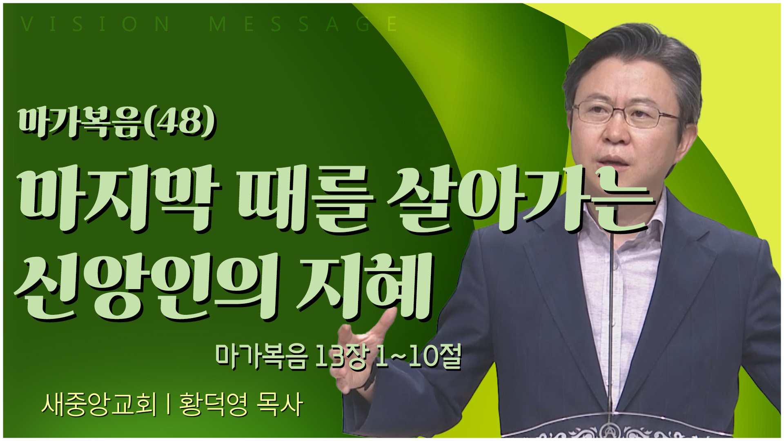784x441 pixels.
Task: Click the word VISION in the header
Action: [x=95, y=24]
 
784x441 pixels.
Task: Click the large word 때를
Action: [x=305, y=200]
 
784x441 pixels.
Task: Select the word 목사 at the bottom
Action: [x=280, y=405]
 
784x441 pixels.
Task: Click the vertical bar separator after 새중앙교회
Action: [x=168, y=405]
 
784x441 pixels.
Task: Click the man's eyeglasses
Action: [x=625, y=114]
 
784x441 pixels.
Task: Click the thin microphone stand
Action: [x=610, y=327]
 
